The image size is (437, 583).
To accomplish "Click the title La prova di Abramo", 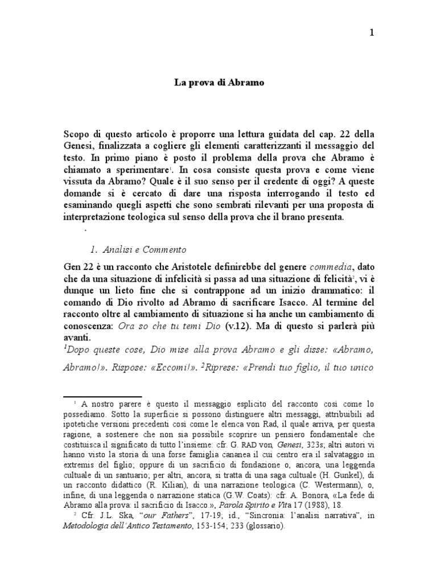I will (218, 83).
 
